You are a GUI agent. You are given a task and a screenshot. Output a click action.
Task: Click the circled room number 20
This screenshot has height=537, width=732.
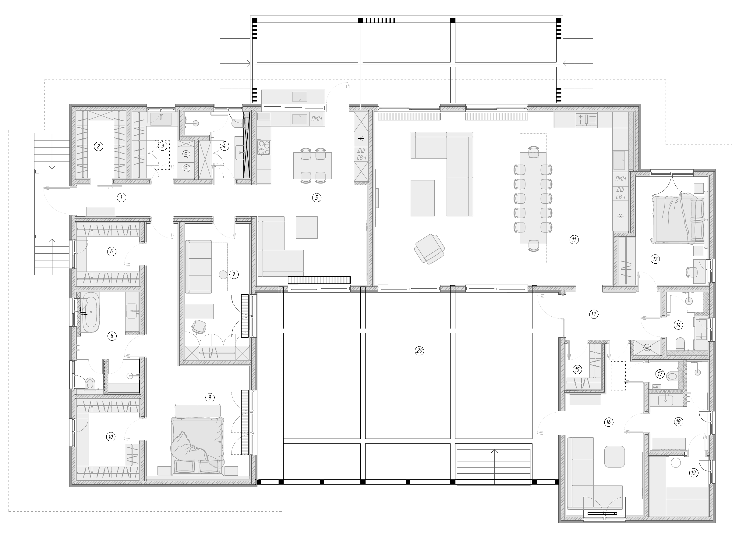click(x=419, y=351)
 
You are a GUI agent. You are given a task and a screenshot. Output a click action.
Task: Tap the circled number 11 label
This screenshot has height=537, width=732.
click(x=574, y=240)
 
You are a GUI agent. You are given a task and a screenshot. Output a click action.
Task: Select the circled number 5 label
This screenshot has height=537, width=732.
click(x=316, y=197)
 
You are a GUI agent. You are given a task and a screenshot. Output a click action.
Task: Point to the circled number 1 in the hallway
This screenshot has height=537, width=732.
click(x=122, y=197)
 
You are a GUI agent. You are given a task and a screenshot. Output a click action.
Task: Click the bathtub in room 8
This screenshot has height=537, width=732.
click(x=90, y=312)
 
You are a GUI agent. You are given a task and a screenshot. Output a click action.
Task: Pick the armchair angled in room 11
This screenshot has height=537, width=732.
click(x=430, y=249)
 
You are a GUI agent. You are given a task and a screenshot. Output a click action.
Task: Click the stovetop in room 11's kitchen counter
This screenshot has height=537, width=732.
click(x=586, y=120)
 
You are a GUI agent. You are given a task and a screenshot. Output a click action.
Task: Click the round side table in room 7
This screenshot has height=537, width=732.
click(x=223, y=275)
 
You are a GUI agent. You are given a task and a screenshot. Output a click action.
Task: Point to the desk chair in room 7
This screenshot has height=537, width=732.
click(x=199, y=326)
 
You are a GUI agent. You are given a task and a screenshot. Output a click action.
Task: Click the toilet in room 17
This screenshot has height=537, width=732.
click(x=672, y=376)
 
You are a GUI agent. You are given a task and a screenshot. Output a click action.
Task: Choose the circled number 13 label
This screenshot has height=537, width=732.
click(x=594, y=314)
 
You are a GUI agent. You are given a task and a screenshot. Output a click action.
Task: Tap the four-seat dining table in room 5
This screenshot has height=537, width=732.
click(x=313, y=166)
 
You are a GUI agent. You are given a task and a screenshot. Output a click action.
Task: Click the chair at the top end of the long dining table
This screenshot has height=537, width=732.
click(x=533, y=152)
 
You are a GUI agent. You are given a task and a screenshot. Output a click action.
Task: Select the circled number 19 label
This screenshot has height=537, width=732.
click(x=694, y=473)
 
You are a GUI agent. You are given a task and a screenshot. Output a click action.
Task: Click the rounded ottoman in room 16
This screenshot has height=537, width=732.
click(x=614, y=456)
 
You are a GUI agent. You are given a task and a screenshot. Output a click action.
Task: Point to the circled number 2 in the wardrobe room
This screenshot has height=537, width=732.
click(x=98, y=147)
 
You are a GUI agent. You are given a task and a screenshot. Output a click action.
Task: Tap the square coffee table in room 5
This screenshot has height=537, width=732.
click(x=307, y=227)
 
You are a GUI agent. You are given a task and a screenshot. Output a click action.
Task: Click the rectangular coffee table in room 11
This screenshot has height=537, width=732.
click(x=423, y=198)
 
